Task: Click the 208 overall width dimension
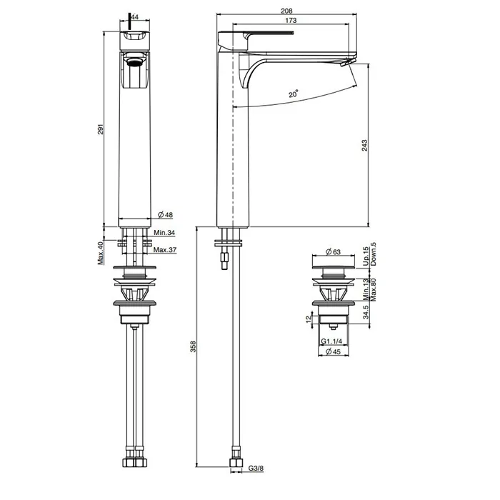tap(286, 11)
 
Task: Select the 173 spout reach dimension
tap(291, 21)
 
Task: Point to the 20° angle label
tap(294, 94)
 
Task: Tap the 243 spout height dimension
tap(364, 146)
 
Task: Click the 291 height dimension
tap(101, 129)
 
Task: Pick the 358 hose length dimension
tap(193, 346)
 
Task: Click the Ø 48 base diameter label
tap(165, 214)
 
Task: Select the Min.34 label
tap(164, 233)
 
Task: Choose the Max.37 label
tap(165, 250)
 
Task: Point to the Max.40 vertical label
tap(101, 253)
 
